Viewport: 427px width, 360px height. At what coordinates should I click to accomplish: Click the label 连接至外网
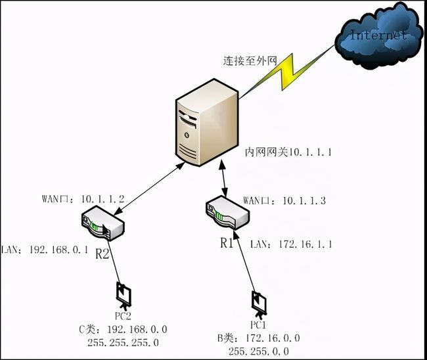pos(249,62)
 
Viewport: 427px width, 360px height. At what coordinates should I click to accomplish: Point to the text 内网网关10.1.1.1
pos(288,152)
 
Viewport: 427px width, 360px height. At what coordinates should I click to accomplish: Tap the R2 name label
pos(102,253)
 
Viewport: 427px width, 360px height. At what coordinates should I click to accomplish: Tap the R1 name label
pos(227,243)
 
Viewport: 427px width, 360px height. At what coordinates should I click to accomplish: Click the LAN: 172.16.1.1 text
pos(291,244)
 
